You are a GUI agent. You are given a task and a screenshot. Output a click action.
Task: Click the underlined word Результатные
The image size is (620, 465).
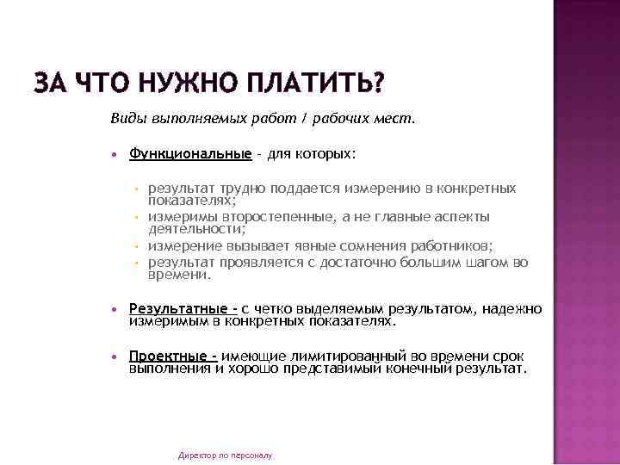tap(181, 307)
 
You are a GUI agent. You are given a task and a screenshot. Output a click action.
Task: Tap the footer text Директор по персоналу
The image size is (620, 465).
tap(225, 455)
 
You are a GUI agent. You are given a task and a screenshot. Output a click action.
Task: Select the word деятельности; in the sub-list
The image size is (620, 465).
tap(197, 230)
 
